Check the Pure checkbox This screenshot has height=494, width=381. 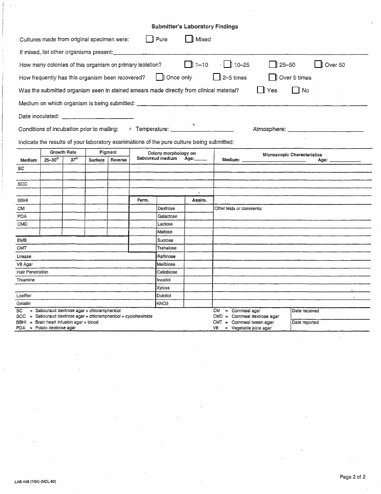[x=150, y=39]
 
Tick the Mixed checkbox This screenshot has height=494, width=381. [x=189, y=39]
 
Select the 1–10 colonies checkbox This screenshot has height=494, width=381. [x=188, y=65]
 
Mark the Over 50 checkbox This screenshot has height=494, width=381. [x=318, y=65]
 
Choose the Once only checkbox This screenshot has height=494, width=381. [x=160, y=78]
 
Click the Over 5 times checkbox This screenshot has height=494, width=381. [x=273, y=78]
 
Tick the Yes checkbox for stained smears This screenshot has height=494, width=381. [x=261, y=90]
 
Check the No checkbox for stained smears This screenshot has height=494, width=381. [x=296, y=90]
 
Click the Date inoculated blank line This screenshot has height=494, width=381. [x=97, y=118]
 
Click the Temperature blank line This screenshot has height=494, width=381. [x=202, y=131]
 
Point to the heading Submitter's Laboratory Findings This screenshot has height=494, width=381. [x=195, y=27]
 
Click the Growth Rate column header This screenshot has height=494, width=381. [x=63, y=153]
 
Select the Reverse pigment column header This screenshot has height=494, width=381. [x=119, y=160]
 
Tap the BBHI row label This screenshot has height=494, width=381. [x=22, y=200]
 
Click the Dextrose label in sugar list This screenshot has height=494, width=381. [x=166, y=209]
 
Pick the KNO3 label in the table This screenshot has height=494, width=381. [x=163, y=304]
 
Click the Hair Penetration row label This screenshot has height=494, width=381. [x=32, y=272]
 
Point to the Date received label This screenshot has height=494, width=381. [x=306, y=311]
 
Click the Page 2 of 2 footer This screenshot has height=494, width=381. [x=353, y=477]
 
